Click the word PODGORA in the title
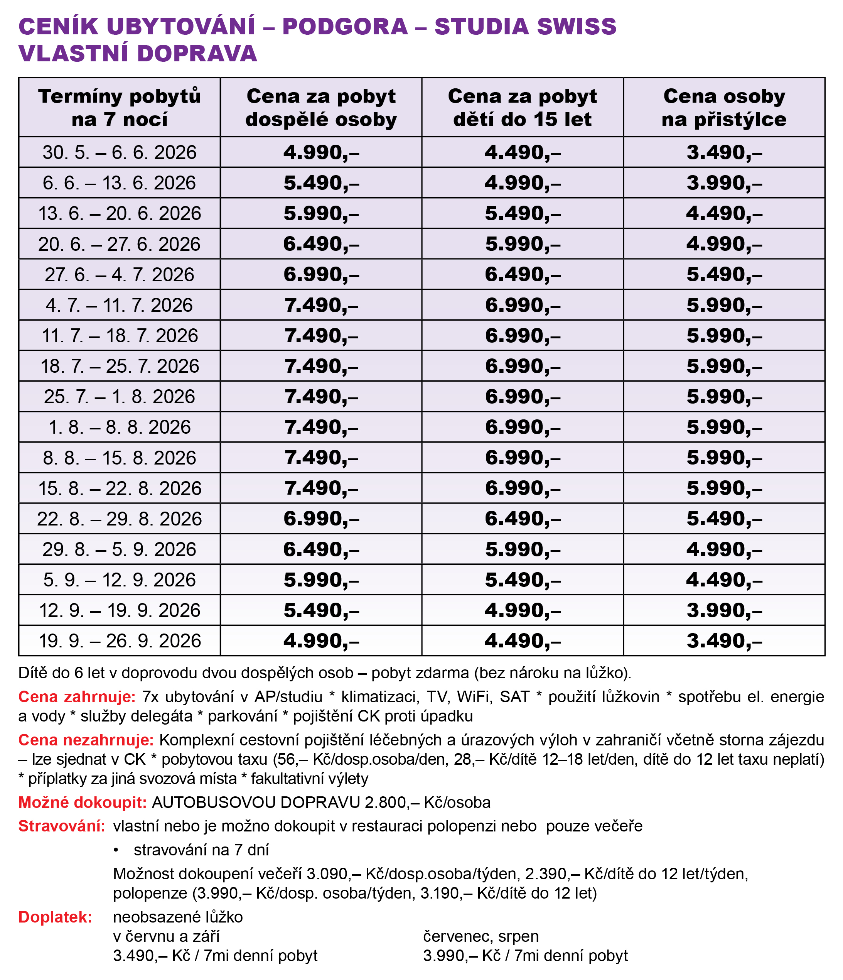point(345,27)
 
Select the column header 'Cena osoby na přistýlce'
point(723,108)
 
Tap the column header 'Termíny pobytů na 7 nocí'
point(120,108)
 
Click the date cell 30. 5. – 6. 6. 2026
point(120,152)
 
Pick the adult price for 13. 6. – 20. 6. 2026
point(321,213)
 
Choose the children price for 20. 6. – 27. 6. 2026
point(523,244)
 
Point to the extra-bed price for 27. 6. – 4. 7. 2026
point(724,274)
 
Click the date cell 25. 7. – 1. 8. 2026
point(120,396)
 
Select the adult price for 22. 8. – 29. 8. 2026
point(321,519)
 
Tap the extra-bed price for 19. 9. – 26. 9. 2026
point(724,640)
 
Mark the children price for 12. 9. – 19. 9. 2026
point(523,610)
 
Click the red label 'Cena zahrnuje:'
point(77,697)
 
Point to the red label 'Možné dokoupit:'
point(82,803)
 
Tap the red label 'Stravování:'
point(61,826)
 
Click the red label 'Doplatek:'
point(55,917)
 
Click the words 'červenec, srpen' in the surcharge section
point(481,936)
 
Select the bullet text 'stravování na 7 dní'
point(201,850)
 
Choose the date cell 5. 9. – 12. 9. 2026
point(120,580)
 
